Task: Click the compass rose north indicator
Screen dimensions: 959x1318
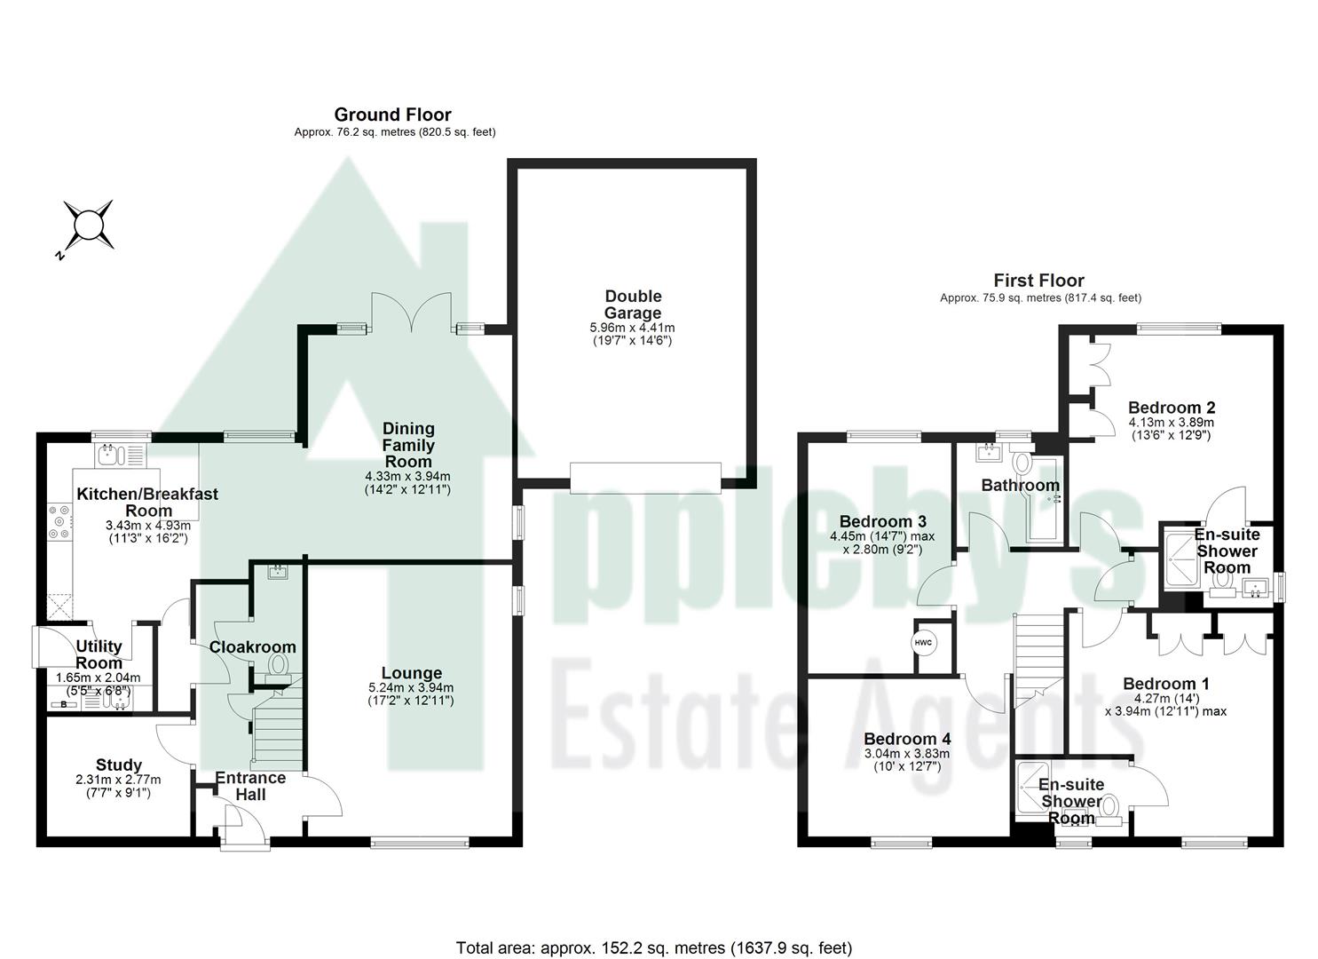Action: click(x=88, y=225)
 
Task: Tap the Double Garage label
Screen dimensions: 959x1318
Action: click(x=633, y=305)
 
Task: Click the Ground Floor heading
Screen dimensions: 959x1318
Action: click(x=392, y=115)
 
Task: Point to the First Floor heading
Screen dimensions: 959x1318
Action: click(x=1038, y=281)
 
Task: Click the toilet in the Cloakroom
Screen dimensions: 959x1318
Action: click(x=279, y=667)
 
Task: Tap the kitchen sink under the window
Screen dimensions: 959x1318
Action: click(x=111, y=456)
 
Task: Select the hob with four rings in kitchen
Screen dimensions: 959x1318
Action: click(x=59, y=522)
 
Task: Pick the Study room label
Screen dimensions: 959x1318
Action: click(x=119, y=765)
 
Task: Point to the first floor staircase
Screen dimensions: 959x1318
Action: click(x=1038, y=657)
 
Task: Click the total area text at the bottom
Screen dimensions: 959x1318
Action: click(x=653, y=947)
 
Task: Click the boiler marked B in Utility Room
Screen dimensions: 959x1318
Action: click(x=63, y=704)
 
